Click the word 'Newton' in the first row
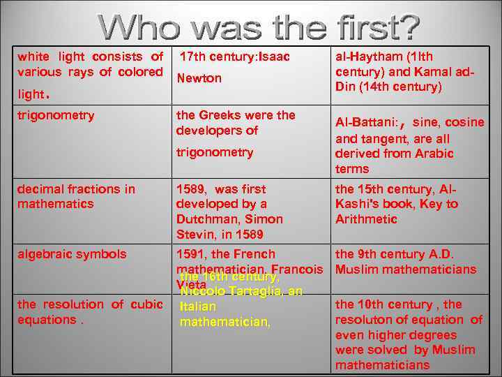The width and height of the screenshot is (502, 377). pyautogui.click(x=199, y=78)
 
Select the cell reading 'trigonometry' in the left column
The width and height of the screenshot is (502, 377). pyautogui.click(x=56, y=115)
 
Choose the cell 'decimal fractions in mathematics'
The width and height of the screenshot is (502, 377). pyautogui.click(x=76, y=196)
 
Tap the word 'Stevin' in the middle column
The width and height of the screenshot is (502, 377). pyautogui.click(x=197, y=235)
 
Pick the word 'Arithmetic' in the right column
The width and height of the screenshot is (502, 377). pyautogui.click(x=366, y=219)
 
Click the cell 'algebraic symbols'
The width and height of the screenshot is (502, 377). pyautogui.click(x=72, y=254)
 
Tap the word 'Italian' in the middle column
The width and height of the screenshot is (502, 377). pyautogui.click(x=198, y=306)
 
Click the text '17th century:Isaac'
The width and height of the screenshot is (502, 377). pyautogui.click(x=234, y=56)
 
